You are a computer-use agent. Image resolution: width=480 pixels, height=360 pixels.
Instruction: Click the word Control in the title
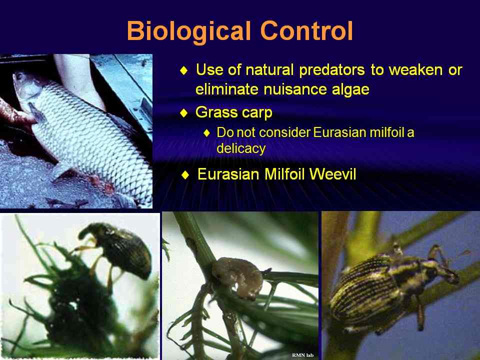point(306,30)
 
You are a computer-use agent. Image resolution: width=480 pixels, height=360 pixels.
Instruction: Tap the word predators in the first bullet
point(332,70)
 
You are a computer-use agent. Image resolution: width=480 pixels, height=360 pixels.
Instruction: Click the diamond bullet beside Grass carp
point(184,113)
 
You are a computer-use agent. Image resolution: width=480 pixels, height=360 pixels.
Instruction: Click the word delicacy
point(241,149)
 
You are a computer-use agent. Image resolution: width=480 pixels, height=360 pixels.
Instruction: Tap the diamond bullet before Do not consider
point(207,133)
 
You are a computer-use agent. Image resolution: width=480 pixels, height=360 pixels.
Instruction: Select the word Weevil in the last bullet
point(333,174)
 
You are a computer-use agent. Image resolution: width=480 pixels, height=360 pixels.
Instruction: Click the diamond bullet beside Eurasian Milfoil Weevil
point(185,175)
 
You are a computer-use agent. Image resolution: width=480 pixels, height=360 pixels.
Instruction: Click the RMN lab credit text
point(303,355)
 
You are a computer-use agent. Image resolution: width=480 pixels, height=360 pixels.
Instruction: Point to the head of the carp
point(26,87)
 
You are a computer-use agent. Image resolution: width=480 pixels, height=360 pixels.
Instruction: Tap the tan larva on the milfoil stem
point(237,277)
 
